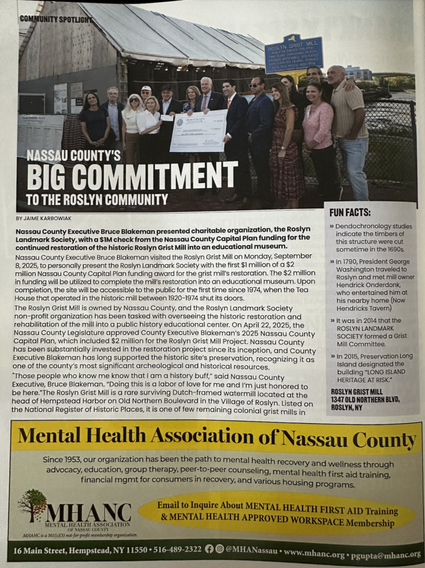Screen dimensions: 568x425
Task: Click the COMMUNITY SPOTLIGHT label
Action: pos(56,19)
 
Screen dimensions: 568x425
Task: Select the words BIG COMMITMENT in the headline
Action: pos(131,175)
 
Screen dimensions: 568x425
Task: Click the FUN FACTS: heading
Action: pos(350,212)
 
